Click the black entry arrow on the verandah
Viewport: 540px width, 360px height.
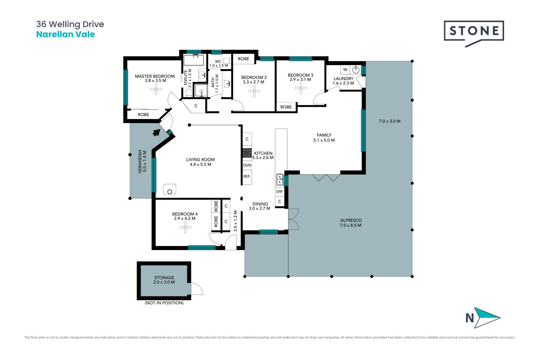157,132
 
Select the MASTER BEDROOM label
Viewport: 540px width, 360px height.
155,76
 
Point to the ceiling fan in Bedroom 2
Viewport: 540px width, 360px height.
254,91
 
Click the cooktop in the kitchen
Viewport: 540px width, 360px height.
247,153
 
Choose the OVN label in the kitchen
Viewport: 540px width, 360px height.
247,165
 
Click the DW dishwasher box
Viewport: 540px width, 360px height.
279,192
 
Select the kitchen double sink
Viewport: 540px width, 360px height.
280,179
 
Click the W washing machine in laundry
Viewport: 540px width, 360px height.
345,69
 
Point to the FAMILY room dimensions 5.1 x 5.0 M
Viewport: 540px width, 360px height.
324,140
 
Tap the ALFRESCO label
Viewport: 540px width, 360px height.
351,220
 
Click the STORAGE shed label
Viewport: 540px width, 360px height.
164,278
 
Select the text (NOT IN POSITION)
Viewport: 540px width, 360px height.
164,303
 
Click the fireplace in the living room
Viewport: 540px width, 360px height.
170,190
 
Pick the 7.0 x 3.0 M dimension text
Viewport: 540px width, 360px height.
390,121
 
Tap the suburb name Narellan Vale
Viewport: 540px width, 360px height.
66,34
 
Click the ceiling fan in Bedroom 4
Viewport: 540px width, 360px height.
185,227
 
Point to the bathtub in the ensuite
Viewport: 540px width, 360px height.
193,60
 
